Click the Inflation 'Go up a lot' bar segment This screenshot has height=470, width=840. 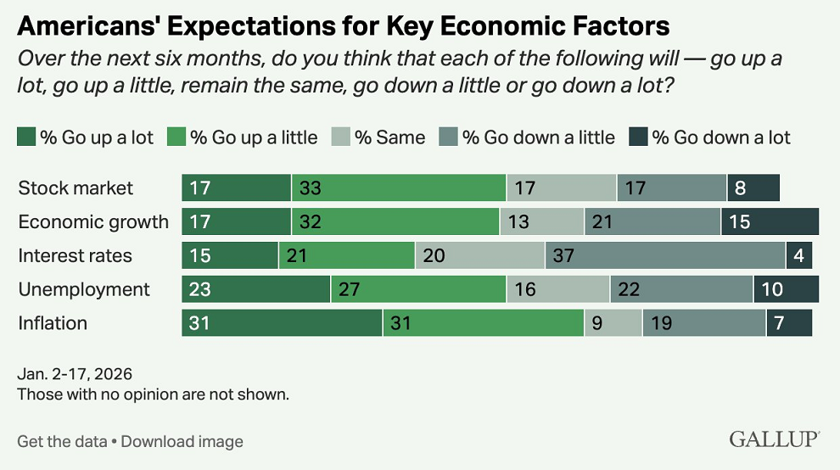(282, 322)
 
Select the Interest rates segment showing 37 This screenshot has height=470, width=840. (665, 255)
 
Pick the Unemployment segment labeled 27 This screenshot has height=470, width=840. (418, 289)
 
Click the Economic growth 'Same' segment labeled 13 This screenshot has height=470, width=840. (541, 222)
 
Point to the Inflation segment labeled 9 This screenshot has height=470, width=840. (613, 322)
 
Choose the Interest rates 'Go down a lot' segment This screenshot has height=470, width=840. (798, 255)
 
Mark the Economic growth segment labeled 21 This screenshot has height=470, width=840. (652, 222)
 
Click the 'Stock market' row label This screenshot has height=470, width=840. (76, 188)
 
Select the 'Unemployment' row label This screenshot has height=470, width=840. (84, 289)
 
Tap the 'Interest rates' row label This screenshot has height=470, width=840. (76, 255)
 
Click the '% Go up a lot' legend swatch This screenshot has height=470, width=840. (26, 137)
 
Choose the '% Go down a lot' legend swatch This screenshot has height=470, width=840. (638, 137)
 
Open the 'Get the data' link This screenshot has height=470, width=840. (62, 441)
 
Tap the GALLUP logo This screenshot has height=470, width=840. (774, 439)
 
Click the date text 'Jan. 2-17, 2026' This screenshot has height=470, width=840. (75, 374)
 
